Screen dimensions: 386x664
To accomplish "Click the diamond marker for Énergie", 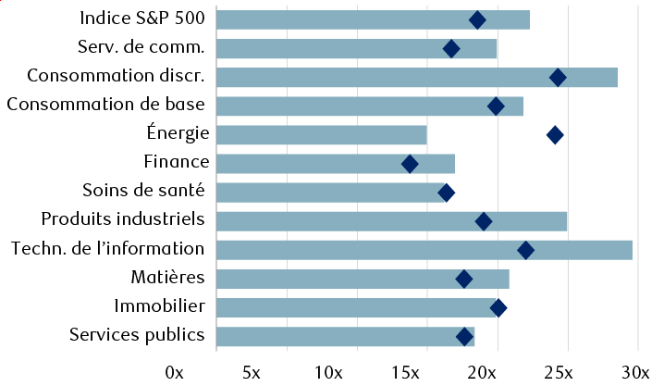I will pos(555,135).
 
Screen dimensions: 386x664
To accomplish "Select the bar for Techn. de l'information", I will pos(424,250).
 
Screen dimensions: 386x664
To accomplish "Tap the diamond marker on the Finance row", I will pos(410,164).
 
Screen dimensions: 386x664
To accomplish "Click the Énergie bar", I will pos(322,135).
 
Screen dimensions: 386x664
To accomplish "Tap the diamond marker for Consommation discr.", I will pos(558,78).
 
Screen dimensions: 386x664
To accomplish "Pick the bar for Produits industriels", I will pos(391,221).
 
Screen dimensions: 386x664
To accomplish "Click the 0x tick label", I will pos(175,372).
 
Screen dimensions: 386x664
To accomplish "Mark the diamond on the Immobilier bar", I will pos(498,308).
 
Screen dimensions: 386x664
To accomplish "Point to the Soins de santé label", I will pos(149,192).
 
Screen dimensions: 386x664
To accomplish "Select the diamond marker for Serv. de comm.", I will pos(451,49).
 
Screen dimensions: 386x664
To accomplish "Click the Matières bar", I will pos(363,279).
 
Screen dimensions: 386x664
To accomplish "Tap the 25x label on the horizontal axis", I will pos(559,372).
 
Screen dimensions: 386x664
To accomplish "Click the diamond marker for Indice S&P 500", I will pos(477,20).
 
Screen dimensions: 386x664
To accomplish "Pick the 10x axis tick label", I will pos(329,372).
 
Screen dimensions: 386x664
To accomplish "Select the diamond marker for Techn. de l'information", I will pos(525,250).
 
